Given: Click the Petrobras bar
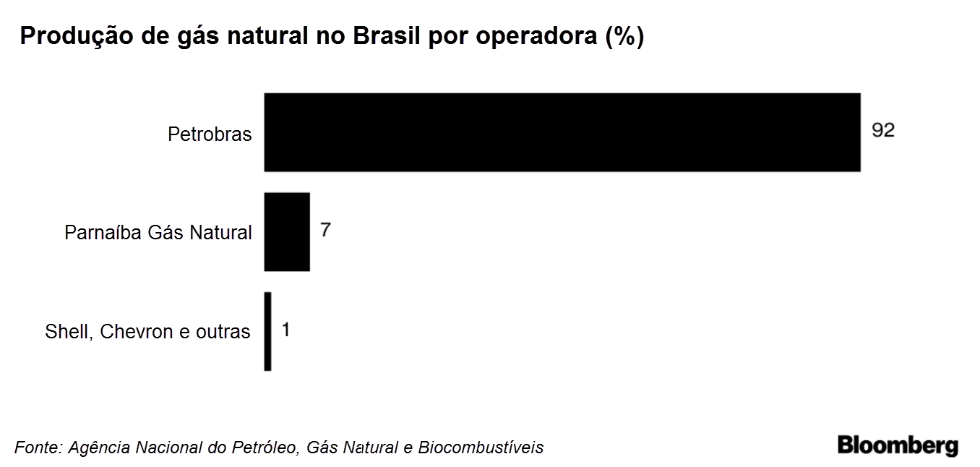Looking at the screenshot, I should [x=562, y=132].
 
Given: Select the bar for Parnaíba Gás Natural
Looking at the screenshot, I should [x=287, y=231].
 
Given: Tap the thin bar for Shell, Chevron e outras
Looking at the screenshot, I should [x=268, y=331].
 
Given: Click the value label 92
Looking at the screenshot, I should [x=883, y=130].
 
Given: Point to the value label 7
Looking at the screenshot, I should [x=326, y=230].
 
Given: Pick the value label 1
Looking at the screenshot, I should [x=285, y=330].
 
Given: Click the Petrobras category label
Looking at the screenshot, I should [x=210, y=134].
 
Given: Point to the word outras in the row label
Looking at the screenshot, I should [x=223, y=332].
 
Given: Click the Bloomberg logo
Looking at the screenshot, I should [x=898, y=445].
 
